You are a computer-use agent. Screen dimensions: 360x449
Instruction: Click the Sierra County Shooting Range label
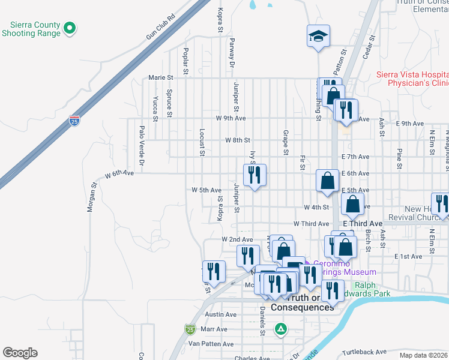point(35,29)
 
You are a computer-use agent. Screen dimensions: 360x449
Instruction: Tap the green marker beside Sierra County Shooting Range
point(70,28)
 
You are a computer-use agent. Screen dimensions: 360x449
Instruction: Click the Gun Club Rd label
point(164,28)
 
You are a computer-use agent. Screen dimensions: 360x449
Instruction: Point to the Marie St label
point(161,77)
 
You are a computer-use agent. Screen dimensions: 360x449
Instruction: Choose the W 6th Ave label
point(119,175)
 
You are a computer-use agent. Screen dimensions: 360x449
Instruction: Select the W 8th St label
point(237,140)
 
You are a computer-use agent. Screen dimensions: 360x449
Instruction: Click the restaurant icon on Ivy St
point(255,175)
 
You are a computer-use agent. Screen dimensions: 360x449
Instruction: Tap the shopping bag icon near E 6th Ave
point(328,181)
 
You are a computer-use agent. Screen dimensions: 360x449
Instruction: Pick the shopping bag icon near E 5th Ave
point(352,204)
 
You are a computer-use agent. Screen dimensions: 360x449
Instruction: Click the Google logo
point(20,352)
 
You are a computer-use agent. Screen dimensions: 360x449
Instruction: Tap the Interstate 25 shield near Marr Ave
point(190,329)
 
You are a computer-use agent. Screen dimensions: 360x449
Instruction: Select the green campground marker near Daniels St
point(280,329)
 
